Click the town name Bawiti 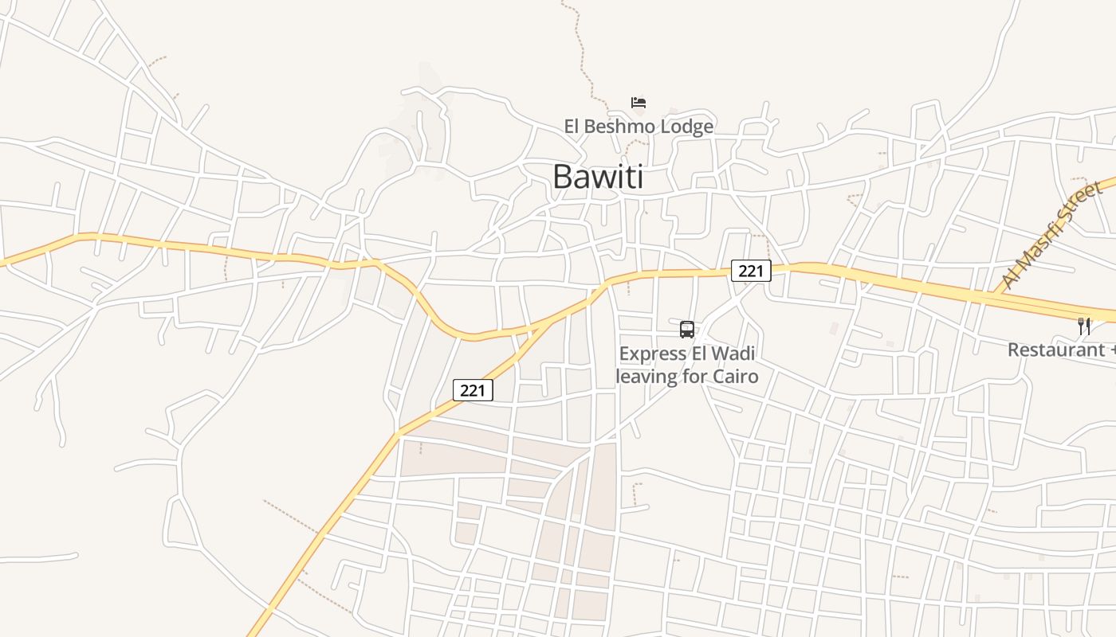coord(598,177)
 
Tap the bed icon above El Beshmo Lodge coord(639,103)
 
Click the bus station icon coord(687,329)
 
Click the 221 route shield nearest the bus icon coord(751,271)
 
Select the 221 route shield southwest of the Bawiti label coord(473,390)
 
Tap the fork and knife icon coord(1084,326)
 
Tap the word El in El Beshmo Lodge coord(573,127)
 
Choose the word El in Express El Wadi coord(699,353)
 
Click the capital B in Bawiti coord(562,177)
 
